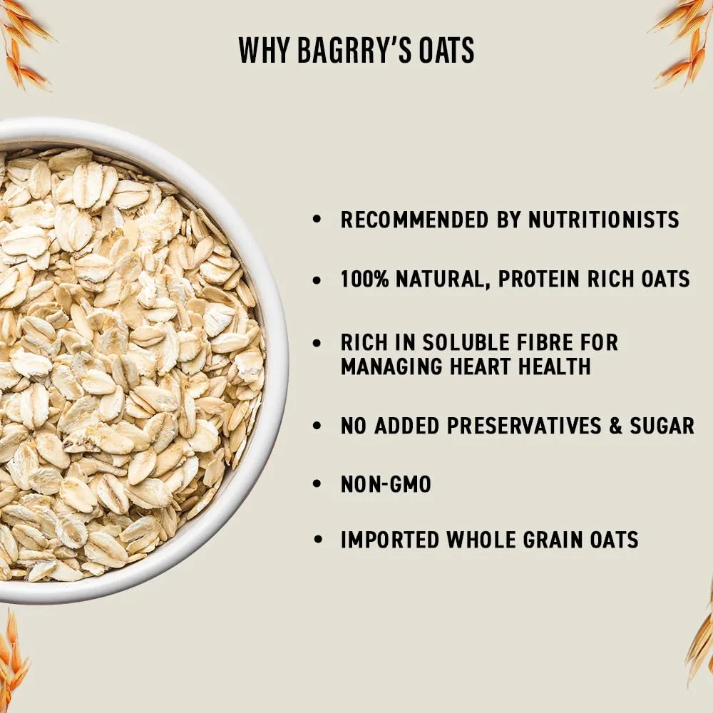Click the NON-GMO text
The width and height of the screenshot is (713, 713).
point(386,485)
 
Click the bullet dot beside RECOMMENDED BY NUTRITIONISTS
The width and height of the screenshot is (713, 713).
point(317,220)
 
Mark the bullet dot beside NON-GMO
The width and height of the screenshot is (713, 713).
point(317,485)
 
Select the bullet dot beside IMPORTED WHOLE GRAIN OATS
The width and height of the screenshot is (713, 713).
point(317,540)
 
